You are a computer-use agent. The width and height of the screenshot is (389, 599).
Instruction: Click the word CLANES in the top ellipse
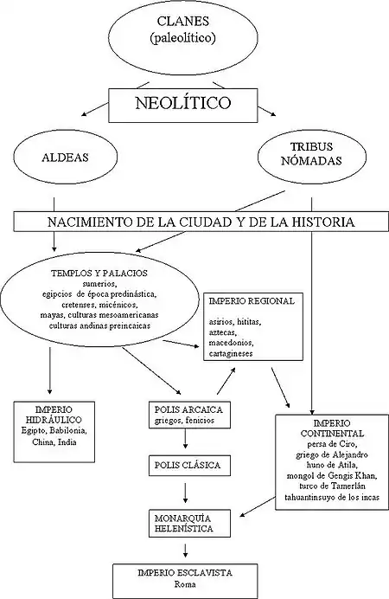183,21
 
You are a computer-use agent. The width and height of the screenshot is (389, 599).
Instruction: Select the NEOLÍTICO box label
183,103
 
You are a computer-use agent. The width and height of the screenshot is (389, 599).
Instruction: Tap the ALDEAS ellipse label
65,158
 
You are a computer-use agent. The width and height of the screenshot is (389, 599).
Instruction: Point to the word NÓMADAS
311,161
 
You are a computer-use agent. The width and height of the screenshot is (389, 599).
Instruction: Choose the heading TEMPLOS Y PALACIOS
99,274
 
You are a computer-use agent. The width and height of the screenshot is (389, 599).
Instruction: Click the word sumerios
99,284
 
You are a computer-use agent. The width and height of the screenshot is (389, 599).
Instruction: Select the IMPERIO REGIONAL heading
252,301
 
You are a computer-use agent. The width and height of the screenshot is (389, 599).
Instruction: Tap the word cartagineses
231,353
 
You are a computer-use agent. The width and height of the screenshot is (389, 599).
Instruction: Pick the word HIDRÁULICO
54,420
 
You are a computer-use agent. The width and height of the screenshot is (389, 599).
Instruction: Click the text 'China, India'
54,442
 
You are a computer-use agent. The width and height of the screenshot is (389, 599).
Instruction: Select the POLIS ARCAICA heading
188,410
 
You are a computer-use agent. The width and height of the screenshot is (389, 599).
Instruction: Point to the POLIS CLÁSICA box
189,466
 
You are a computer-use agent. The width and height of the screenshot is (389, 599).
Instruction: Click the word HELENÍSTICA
184,529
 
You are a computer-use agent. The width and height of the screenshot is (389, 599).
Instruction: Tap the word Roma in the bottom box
185,584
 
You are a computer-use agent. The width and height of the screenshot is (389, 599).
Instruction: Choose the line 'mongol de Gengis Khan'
332,476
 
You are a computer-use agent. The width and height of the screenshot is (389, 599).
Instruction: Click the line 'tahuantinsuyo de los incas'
332,497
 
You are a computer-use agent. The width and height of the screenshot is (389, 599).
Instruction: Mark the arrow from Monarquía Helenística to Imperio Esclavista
185,551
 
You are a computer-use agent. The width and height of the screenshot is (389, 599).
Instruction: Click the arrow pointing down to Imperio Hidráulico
49,370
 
